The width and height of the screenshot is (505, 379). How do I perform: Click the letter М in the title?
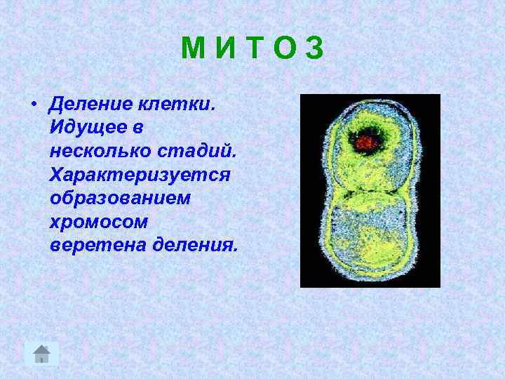tap(193, 48)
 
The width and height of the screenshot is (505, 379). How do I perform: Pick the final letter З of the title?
tap(314, 48)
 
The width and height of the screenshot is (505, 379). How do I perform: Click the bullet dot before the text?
tap(33, 105)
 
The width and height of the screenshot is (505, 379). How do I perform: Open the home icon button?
tap(42, 353)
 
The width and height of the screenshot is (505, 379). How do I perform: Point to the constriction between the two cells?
tap(370, 191)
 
